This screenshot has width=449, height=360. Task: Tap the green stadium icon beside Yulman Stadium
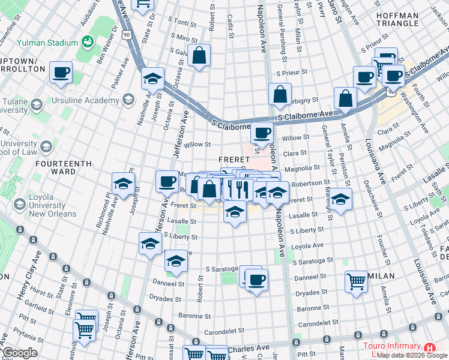coord(87,41)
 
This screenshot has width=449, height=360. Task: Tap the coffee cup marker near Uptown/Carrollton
coord(61,73)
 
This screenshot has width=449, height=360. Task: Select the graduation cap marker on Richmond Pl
coord(123,184)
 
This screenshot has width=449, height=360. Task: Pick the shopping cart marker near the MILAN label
coord(357,281)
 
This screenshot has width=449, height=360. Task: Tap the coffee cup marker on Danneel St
coord(256,280)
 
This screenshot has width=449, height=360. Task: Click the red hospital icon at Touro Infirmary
coord(429,347)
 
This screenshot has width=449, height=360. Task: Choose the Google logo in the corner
coord(20,353)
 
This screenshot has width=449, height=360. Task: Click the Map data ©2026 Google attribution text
coord(412,355)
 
